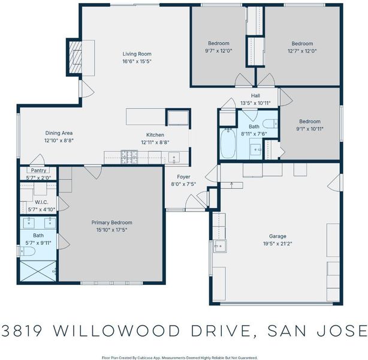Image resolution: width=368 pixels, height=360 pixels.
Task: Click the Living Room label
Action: pos(137,54)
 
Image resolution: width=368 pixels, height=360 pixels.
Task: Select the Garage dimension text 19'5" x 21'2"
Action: pos(277,244)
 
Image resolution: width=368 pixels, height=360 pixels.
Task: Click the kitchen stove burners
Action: pos(129,157)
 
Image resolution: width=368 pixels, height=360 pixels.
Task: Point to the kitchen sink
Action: pos(174,157)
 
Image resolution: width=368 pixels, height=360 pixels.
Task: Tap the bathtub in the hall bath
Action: pos(228,143)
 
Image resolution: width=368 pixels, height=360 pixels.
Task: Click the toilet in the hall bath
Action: pos(270,124)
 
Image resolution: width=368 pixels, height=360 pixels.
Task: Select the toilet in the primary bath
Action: pos(27,251)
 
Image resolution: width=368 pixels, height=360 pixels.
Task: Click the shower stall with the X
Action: pos(38,271)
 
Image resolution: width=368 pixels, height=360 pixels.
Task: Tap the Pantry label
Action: pos(38,170)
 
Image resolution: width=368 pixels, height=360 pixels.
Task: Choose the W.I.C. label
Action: pos(41,202)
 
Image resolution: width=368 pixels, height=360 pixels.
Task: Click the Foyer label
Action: pos(183,177)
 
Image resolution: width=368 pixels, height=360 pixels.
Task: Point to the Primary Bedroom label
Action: pos(111,222)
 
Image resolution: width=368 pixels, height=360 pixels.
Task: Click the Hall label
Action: pos(255,95)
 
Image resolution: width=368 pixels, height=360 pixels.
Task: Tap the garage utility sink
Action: pos(220,246)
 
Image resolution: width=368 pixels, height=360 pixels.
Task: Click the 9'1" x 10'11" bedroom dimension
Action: pos(310,129)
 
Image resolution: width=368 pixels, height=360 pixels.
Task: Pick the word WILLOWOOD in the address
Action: pos(116,331)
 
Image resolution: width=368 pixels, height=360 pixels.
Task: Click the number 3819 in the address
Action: pos(22,331)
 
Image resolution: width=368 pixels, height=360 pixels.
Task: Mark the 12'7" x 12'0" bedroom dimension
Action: pos(302,51)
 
